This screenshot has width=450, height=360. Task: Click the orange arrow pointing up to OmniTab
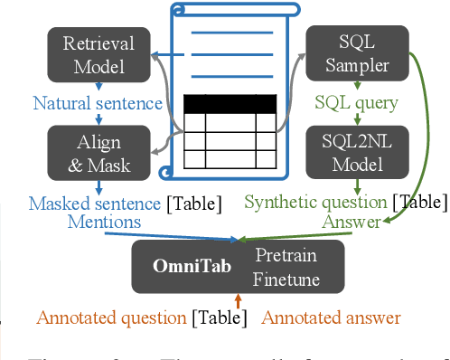(238, 300)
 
